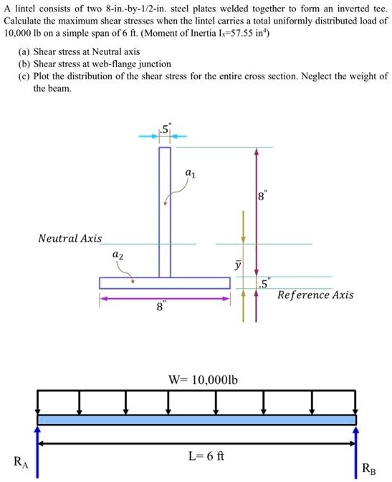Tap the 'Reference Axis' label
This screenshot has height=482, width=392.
(x=315, y=295)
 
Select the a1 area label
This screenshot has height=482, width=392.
(x=189, y=172)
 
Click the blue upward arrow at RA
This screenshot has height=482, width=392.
(x=38, y=451)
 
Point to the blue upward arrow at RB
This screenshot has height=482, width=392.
(x=355, y=451)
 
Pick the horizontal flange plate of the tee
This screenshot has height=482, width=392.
(x=165, y=282)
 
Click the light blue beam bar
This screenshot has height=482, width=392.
(x=196, y=420)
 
